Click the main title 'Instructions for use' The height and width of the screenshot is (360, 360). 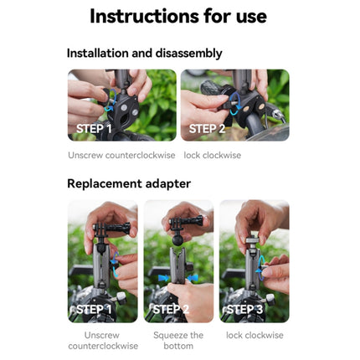(178, 16)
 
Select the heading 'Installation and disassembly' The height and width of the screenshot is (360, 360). (144, 53)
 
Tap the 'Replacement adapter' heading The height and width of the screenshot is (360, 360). (128, 183)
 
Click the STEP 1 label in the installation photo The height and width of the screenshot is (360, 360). (94, 128)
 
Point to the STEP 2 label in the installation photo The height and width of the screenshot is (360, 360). (207, 128)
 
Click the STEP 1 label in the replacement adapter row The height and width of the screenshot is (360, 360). (94, 310)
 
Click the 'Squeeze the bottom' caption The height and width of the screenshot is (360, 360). (178, 340)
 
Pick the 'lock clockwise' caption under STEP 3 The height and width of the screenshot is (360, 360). (255, 335)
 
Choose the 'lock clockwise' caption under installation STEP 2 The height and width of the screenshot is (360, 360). (212, 155)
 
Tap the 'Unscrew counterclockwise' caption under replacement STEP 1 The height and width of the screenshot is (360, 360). (103, 340)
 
